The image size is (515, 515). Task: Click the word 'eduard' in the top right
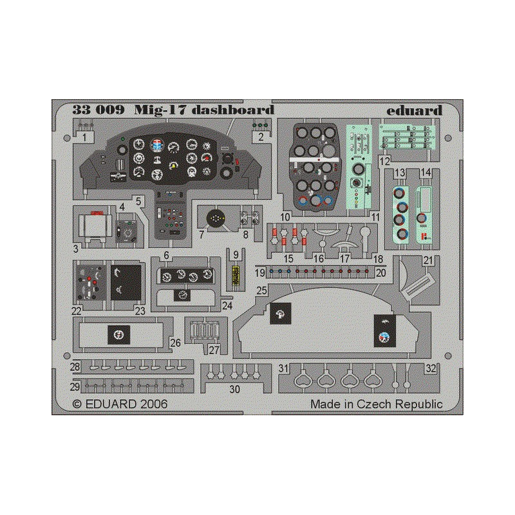point(414,110)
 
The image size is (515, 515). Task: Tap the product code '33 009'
point(98,109)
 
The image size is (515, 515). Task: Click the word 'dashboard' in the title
point(232,109)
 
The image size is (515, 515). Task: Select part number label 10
point(285,217)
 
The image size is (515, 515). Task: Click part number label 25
point(262,290)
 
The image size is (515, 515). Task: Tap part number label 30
point(234,389)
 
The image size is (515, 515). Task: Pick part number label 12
point(384,161)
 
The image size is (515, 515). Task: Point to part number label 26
point(175,343)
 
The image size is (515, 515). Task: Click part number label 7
point(201,234)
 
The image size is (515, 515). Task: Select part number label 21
point(427,261)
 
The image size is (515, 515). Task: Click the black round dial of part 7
point(216,218)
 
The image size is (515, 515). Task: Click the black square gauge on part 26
point(119,335)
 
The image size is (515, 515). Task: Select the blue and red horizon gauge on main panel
point(158,145)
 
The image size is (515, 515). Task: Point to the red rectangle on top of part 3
point(97,213)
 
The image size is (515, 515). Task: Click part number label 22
point(76,311)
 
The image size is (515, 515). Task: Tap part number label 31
point(283,368)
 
